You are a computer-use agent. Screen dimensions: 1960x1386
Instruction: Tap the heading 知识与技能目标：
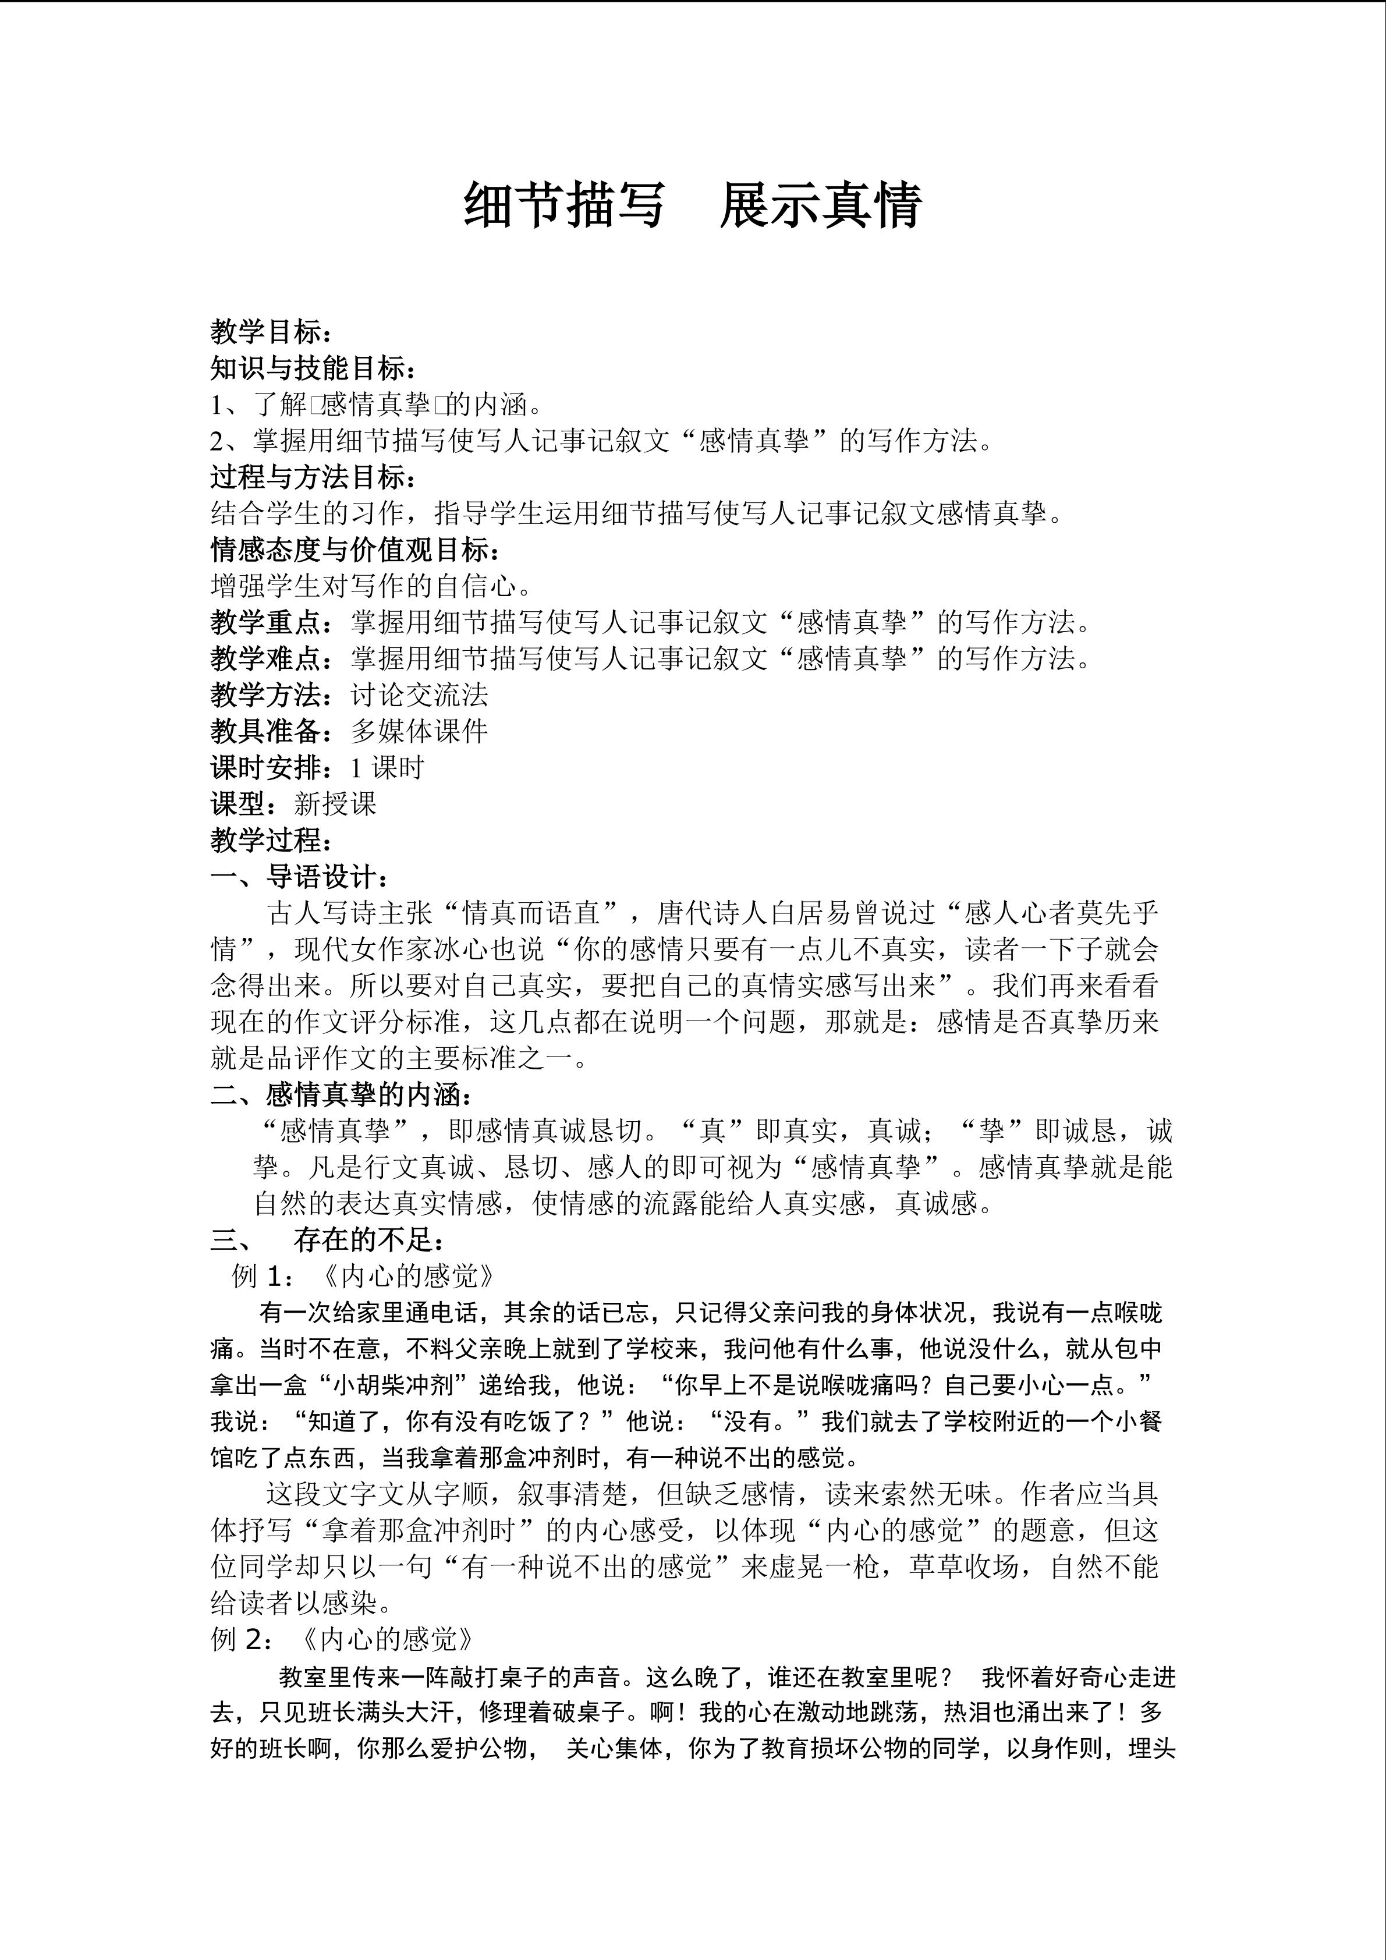pyautogui.click(x=313, y=369)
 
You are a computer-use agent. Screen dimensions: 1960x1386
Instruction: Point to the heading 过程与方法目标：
pyautogui.click(x=313, y=477)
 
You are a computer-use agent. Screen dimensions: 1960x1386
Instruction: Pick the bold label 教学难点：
pyautogui.click(x=279, y=658)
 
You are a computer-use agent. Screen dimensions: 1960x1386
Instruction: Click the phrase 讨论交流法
pyautogui.click(x=419, y=695)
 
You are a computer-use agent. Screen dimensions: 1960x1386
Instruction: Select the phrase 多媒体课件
pyautogui.click(x=419, y=732)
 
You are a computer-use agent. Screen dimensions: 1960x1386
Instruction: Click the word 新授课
pyautogui.click(x=335, y=804)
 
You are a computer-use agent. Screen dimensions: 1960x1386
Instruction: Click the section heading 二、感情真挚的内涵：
pyautogui.click(x=341, y=1094)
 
